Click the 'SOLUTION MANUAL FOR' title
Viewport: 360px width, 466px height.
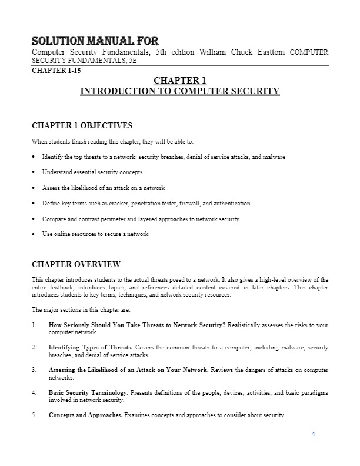[x=95, y=42]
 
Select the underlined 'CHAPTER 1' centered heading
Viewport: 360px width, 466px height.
[x=179, y=81]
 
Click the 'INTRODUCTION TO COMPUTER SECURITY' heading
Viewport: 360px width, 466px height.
[x=179, y=91]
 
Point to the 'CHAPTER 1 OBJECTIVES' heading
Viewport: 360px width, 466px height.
[x=82, y=125]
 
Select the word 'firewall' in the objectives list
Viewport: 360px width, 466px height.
[x=197, y=203]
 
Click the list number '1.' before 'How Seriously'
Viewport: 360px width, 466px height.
[x=35, y=325]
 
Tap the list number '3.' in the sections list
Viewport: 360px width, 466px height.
[x=35, y=370]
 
